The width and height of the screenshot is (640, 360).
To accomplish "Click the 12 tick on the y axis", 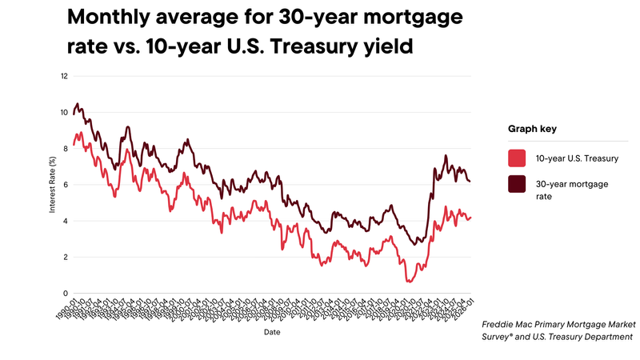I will (64, 76).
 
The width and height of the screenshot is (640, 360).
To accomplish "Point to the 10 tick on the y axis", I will (64, 112).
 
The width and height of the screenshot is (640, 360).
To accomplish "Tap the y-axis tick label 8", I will (65, 149).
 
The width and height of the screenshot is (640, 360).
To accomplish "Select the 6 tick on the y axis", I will (65, 185).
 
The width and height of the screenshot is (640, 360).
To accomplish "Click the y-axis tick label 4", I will (65, 221).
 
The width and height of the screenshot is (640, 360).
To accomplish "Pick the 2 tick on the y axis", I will (65, 258).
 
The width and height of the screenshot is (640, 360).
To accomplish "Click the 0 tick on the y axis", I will (65, 294).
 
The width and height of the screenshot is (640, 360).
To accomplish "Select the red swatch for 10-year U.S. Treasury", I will (517, 157).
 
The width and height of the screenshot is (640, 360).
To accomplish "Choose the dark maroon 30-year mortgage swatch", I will (517, 184).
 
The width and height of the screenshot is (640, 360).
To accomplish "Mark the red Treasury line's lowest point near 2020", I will (409, 282).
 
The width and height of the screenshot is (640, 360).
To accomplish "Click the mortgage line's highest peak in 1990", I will (77, 104).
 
